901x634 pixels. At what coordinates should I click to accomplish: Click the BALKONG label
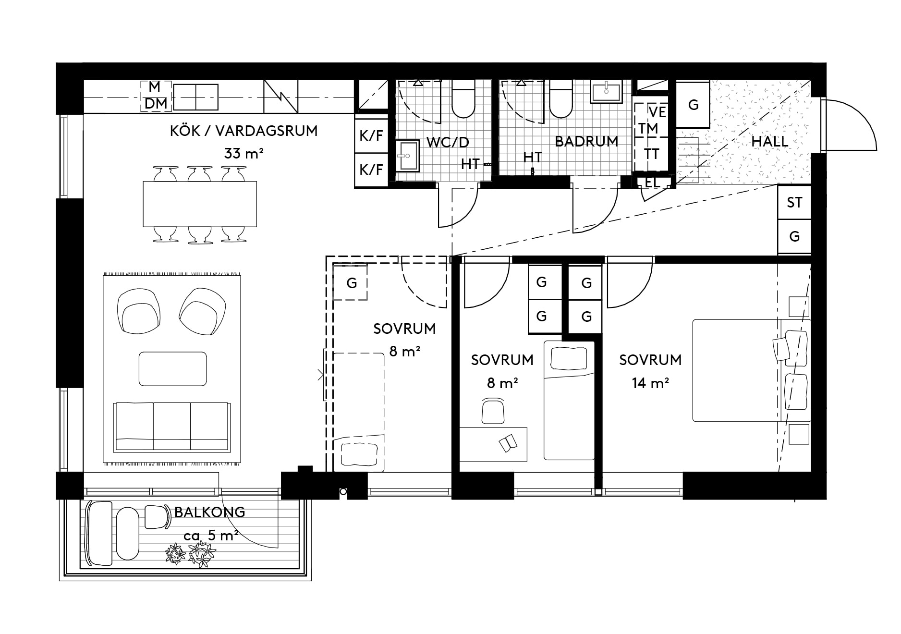(209, 512)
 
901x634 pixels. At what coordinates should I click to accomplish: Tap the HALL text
(770, 141)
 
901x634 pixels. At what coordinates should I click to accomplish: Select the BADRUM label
(586, 141)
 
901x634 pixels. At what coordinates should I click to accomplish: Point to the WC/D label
(448, 143)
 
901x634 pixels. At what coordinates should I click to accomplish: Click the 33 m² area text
(244, 154)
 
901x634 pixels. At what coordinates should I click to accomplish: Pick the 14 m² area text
(651, 383)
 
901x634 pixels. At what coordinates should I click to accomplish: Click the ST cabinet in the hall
(794, 202)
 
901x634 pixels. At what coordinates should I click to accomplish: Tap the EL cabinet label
(652, 183)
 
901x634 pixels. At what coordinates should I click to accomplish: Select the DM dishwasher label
(156, 103)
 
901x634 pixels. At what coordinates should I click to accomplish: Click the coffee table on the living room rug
(173, 369)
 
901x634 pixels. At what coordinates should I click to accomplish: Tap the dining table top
(200, 204)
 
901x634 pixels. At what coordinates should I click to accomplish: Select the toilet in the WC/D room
(463, 99)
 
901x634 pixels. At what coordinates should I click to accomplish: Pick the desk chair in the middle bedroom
(493, 411)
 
